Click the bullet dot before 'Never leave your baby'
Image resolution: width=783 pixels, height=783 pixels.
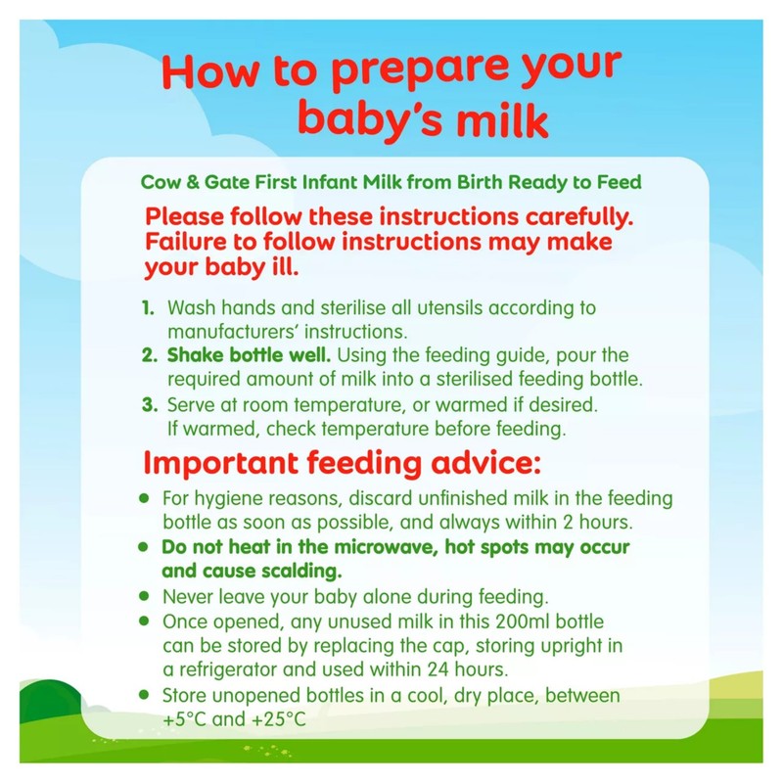tap(144, 596)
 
